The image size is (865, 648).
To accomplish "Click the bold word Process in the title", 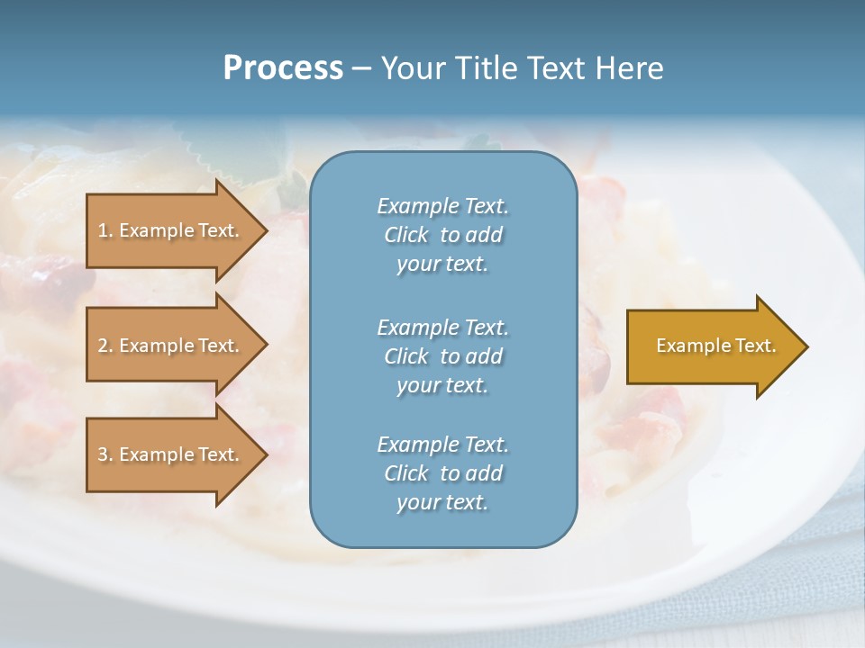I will coord(283,68).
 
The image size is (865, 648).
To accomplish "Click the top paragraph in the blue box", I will coord(442,235).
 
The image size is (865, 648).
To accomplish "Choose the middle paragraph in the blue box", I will coord(442,356).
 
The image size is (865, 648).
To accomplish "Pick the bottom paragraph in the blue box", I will coord(442,473).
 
